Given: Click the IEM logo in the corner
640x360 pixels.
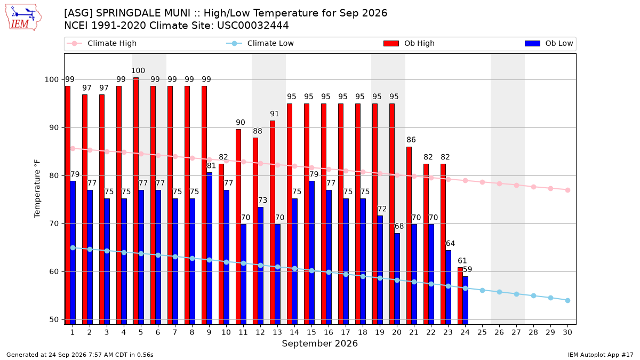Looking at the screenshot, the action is coord(23,17).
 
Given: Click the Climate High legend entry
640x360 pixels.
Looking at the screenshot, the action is coord(101,43).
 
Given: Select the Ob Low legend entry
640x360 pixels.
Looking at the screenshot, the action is coord(549,43).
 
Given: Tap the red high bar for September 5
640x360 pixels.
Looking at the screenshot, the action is coord(136,201).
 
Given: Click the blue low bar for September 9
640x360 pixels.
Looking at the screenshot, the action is coord(210,249).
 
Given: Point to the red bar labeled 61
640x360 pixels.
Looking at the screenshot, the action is coord(460,295).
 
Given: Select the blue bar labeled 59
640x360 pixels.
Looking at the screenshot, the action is coord(466,300).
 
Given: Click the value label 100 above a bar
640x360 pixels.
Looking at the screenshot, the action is coord(138,70).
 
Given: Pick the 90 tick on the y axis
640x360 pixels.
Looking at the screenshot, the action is coord(54,127).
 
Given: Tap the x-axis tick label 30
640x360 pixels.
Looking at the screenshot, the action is coord(567,332).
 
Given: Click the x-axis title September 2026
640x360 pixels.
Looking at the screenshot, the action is coord(319,343).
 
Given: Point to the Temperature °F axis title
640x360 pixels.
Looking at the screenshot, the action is coord(37,189).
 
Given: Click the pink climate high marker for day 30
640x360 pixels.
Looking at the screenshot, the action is coord(567,190).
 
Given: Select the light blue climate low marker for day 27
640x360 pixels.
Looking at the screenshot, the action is coord(516,294).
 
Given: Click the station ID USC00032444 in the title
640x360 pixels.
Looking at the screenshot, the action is coord(253,26).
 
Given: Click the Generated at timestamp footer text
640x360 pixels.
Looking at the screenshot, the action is coord(79,355).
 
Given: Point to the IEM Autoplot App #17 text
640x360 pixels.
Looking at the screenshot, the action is coord(601,355).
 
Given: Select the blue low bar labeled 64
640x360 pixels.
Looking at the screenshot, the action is coord(449,287).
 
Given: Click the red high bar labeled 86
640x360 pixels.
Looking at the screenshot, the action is coord(409,235).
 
